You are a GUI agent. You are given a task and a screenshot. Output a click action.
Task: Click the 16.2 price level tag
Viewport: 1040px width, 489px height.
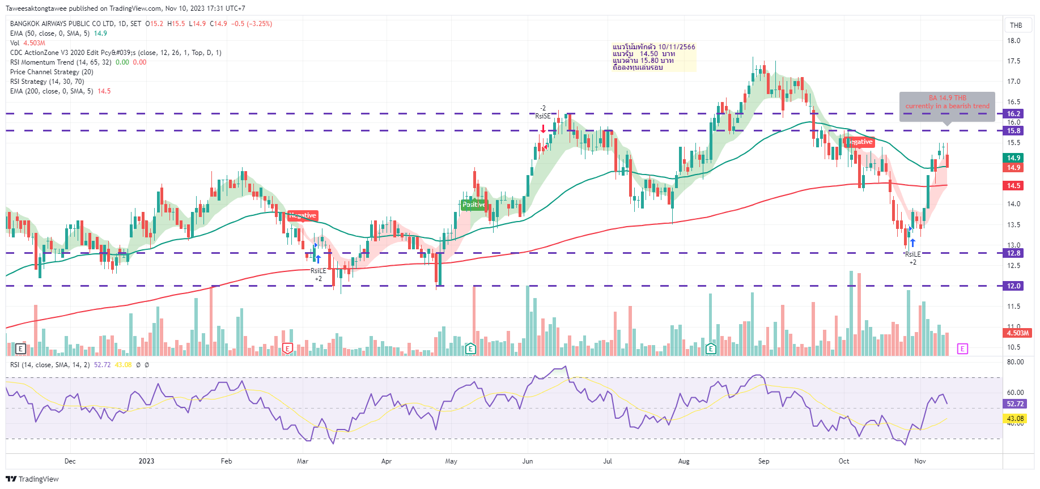(x=1013, y=113)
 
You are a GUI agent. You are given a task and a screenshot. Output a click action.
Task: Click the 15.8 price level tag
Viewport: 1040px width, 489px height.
(x=1013, y=131)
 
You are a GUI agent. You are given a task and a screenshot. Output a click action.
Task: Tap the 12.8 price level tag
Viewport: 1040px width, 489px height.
(x=1013, y=253)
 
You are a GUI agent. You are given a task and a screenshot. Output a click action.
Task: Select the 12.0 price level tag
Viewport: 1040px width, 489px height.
(x=1013, y=286)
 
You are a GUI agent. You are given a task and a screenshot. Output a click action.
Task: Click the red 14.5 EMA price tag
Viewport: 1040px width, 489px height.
(x=1013, y=186)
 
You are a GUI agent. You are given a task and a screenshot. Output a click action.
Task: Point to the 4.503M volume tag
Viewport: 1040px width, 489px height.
(x=1017, y=333)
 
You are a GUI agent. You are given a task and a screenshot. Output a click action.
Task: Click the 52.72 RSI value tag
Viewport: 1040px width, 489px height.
(x=1015, y=404)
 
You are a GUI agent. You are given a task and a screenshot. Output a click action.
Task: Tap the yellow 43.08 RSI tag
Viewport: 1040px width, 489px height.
(x=1015, y=419)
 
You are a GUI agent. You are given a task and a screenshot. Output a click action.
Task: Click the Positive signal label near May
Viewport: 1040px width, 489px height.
(x=473, y=205)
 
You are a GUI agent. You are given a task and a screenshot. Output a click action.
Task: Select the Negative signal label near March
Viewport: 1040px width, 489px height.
(x=303, y=215)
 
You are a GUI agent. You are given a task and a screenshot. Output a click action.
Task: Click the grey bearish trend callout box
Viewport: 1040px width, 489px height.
(x=947, y=106)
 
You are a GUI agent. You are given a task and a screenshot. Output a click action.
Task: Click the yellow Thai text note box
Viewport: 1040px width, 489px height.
(x=653, y=57)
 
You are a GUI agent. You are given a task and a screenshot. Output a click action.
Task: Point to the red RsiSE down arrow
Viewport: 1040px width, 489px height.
(x=543, y=129)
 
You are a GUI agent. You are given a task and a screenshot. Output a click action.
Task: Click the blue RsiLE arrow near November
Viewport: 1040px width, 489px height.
(x=912, y=243)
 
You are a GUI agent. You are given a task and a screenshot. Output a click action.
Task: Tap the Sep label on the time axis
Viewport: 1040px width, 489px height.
(x=763, y=461)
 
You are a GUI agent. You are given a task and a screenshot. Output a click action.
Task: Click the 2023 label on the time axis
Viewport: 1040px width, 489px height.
(x=146, y=461)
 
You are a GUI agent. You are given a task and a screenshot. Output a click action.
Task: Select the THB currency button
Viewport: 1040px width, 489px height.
(x=1016, y=25)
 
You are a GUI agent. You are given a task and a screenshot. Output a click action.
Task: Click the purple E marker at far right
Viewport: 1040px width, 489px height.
(x=962, y=348)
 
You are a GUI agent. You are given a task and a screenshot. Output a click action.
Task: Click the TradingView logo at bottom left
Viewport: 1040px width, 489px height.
(x=32, y=479)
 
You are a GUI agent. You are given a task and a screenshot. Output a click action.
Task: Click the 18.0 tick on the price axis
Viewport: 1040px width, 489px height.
(x=1013, y=41)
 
